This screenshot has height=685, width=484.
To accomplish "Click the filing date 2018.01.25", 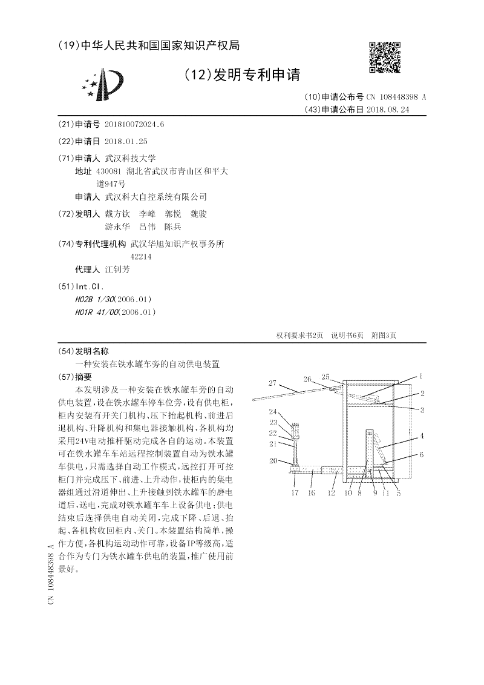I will (x=126, y=141).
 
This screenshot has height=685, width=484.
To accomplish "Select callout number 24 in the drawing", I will (x=273, y=411).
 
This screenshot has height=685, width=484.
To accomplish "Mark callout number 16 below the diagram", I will (x=312, y=493).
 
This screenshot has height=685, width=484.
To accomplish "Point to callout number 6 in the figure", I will (x=422, y=454).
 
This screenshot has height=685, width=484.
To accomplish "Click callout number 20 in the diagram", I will (x=273, y=461).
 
